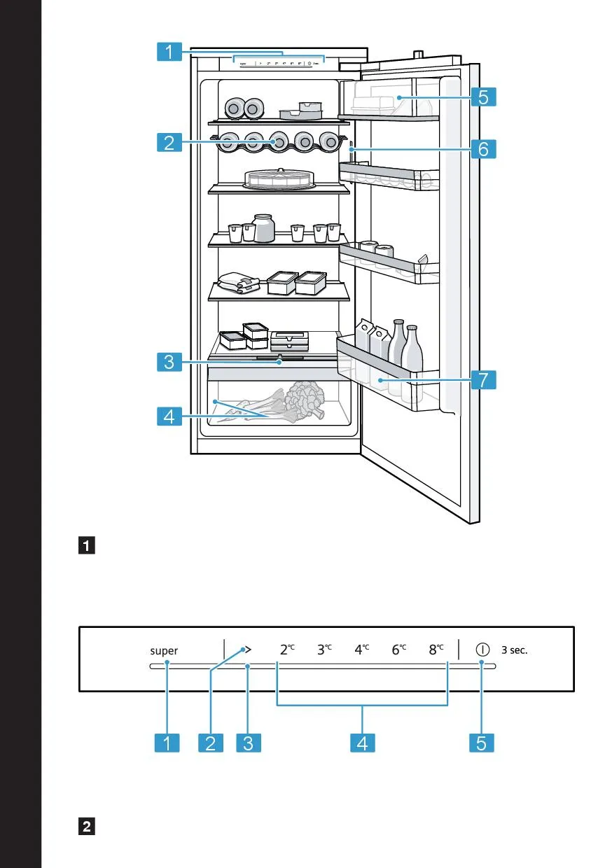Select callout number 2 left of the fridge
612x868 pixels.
pos(169,143)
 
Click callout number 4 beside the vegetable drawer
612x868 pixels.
pos(169,418)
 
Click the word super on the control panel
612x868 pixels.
pos(164,650)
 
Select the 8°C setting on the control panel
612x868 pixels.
pos(436,650)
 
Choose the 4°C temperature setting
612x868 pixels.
pos(362,650)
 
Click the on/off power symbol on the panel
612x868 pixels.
pos(482,649)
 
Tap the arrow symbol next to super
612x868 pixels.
pos(246,650)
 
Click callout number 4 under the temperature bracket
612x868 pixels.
pos(362,743)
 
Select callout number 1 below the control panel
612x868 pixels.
pos(169,743)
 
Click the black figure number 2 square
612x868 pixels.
pos(88,827)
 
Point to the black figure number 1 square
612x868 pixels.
pos(88,545)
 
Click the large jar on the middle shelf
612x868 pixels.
pos(263,228)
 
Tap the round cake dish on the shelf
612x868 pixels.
pos(279,179)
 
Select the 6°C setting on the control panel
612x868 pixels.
pos(399,650)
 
